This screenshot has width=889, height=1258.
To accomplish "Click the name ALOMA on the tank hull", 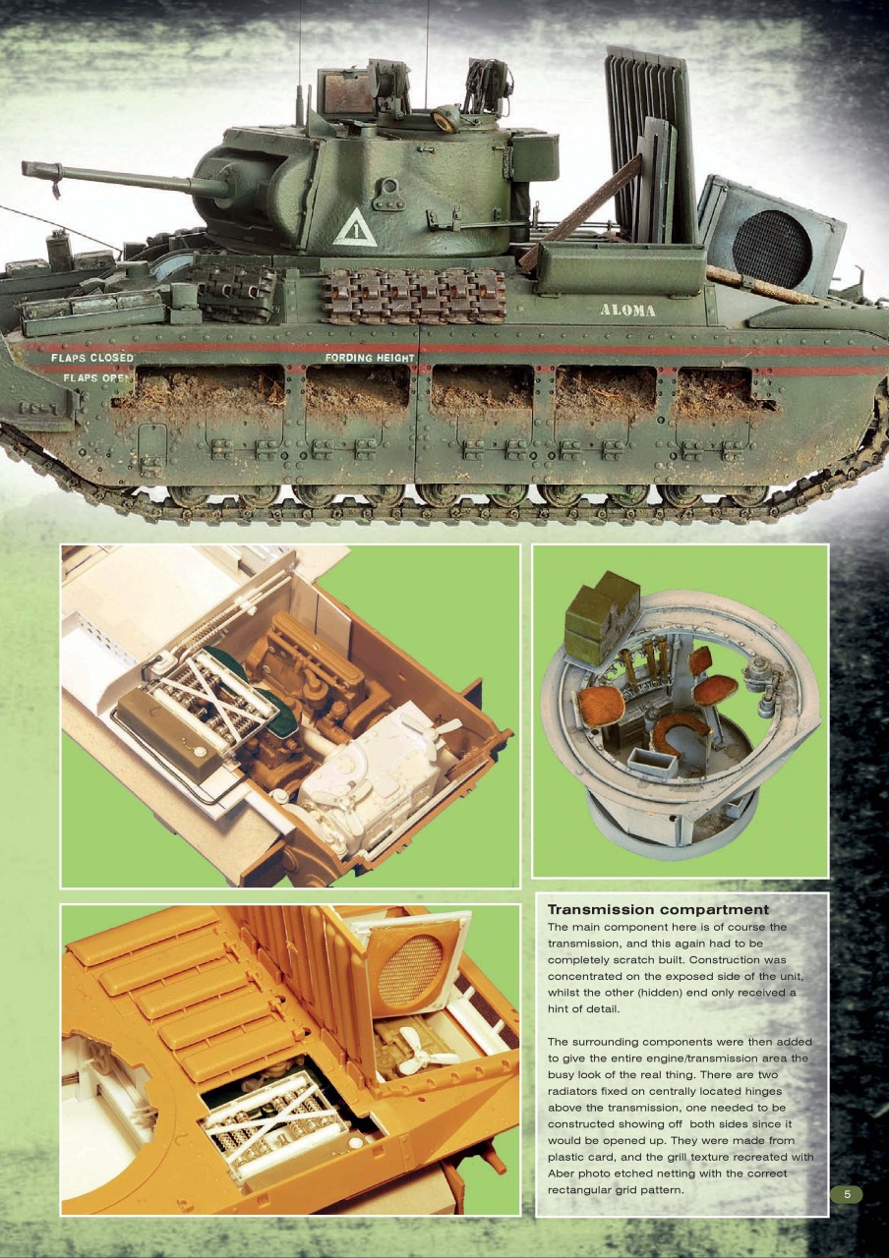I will click(x=627, y=311).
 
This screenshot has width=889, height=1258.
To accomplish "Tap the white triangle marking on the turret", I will click(x=351, y=228).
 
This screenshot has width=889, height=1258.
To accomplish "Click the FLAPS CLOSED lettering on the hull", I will click(x=91, y=359).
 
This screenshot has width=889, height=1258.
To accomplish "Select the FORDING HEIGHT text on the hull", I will click(x=369, y=359).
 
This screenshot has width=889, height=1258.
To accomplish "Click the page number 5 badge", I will click(x=847, y=1194).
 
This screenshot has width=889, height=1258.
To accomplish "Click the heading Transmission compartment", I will click(x=658, y=910).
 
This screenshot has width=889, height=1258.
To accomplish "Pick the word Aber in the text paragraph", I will click(x=564, y=1174).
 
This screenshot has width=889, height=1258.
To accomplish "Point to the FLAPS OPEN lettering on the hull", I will click(x=90, y=377).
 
